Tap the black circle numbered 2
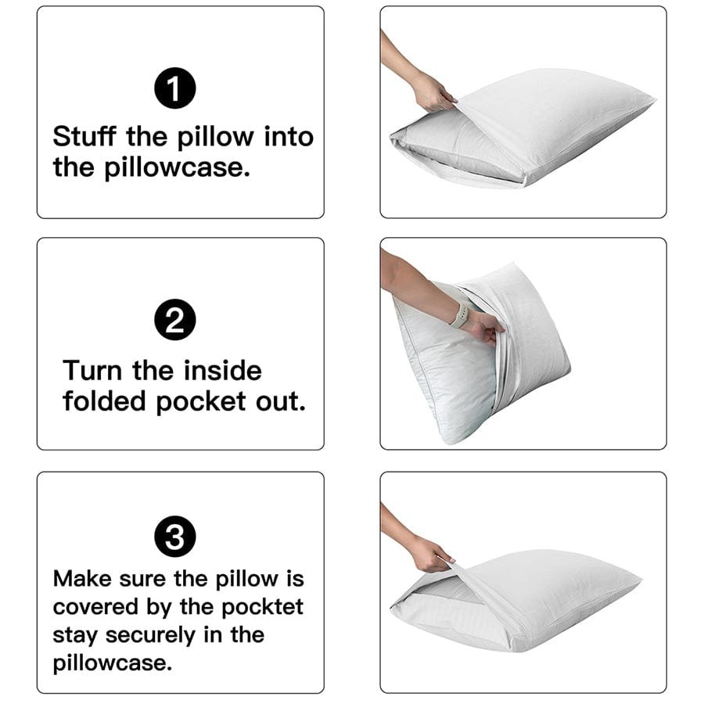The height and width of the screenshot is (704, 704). coord(175,322)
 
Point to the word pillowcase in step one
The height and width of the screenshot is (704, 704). coord(178,167)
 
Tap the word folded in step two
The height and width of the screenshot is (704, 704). coord(105,401)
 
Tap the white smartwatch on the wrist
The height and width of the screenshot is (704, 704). coord(461,315)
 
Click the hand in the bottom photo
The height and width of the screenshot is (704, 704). coord(431,554)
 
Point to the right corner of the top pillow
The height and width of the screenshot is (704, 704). coord(652,102)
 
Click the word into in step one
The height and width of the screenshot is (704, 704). coord(288,137)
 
